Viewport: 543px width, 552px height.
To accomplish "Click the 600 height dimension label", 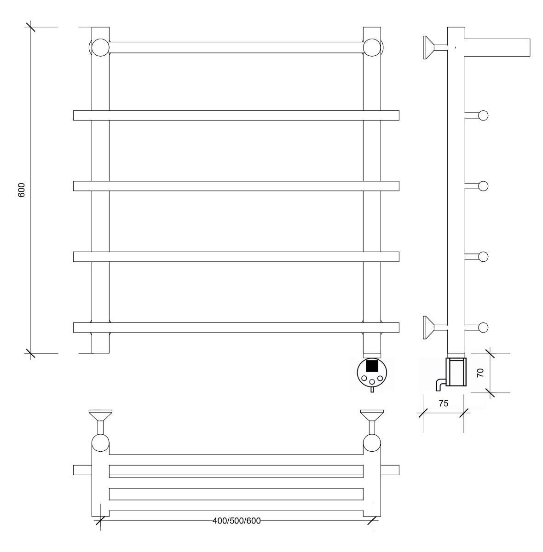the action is pos(22,190).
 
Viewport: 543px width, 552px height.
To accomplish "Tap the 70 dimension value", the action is pos(480,373).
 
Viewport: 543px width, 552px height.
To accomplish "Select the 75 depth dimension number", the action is pos(443,403).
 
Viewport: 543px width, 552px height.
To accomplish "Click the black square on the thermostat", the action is pos(372,366).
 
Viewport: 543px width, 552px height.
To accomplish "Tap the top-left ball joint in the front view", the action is pos(100,47).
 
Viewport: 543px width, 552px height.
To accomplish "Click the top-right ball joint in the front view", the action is pos(372,47).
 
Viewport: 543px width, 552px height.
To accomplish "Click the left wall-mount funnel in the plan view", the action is pos(100,415).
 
